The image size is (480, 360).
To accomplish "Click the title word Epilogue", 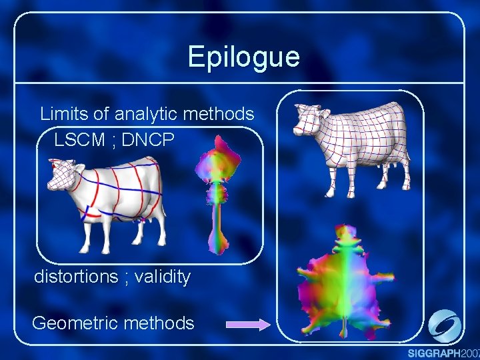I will pyautogui.click(x=243, y=57).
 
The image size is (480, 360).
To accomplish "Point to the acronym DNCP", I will pyautogui.click(x=148, y=141).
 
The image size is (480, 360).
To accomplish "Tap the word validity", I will pyautogui.click(x=162, y=276).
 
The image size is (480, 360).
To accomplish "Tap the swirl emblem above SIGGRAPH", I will pyautogui.click(x=444, y=327).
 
